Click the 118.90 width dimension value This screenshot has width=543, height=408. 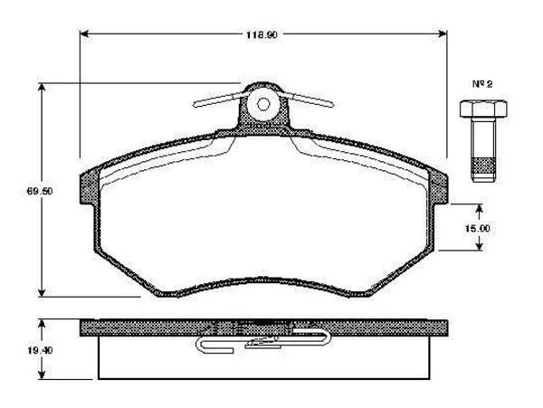coord(263,33)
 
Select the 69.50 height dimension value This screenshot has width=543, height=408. coord(31,192)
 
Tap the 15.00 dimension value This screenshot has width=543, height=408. coord(476,229)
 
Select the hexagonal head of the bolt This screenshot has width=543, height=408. coord(481,109)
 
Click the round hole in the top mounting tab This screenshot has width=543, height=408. coord(264,102)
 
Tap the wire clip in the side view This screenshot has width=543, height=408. coord(262,341)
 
